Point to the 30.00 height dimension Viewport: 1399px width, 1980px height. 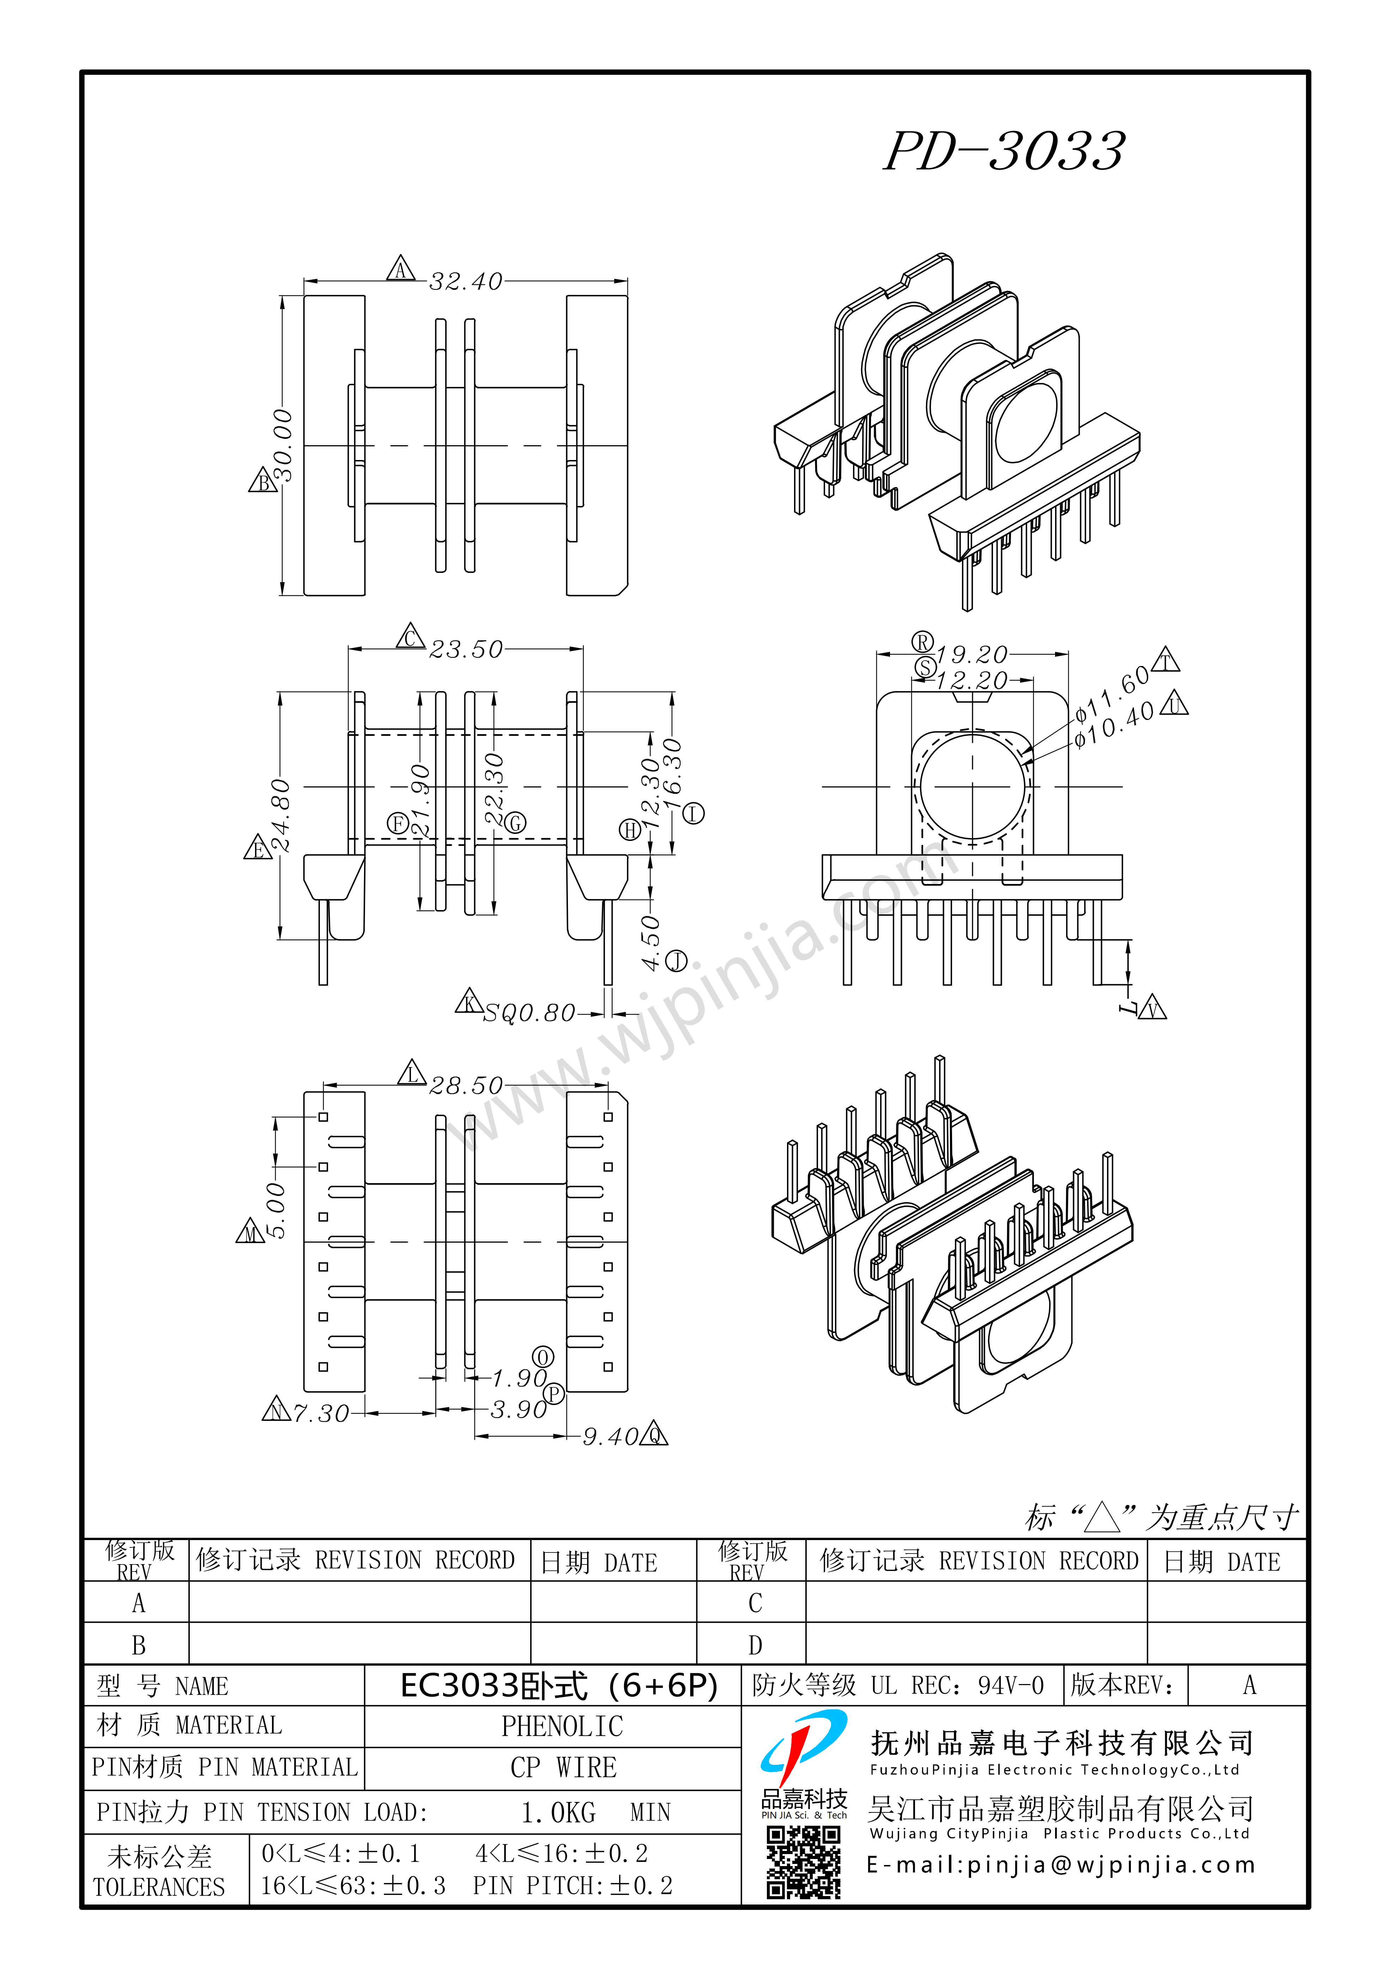tap(282, 446)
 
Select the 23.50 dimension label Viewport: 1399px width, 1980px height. tap(466, 649)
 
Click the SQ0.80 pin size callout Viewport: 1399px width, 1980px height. tap(529, 1013)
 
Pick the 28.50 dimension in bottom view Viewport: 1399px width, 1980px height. tap(466, 1086)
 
